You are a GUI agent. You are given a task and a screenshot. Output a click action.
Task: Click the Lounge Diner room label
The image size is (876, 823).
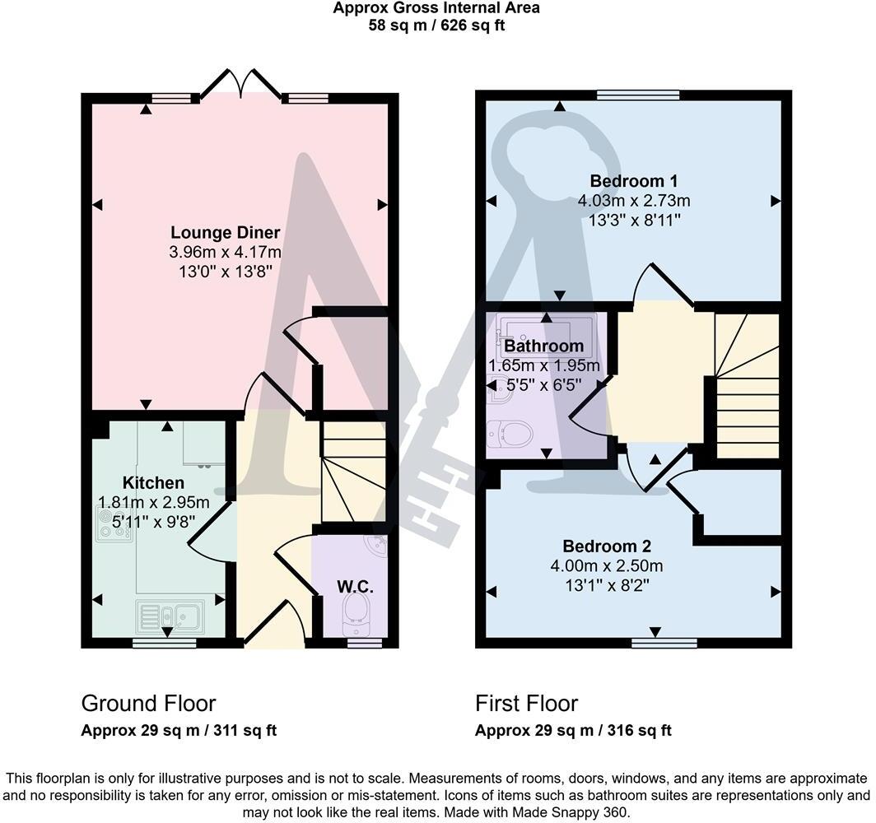point(225,233)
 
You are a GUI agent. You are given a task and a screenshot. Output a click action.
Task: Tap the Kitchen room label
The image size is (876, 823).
point(153,482)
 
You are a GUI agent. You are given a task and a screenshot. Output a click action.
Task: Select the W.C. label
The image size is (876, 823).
point(355,587)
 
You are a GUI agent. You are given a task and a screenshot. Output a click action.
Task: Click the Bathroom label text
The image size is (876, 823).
point(543,346)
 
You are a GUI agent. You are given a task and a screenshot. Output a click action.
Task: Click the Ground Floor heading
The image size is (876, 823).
point(148,704)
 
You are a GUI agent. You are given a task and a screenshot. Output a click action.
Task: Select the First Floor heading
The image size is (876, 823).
point(526,704)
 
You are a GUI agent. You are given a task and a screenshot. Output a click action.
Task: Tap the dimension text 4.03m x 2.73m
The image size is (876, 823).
point(633,201)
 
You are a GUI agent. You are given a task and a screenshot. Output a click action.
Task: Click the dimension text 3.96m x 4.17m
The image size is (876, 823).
point(225,252)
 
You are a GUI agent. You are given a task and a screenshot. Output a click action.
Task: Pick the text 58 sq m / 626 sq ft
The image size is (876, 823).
point(436,25)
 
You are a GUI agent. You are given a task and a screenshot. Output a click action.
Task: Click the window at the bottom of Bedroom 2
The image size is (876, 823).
point(664,643)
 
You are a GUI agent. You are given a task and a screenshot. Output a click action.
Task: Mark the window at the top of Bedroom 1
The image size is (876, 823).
point(638,95)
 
